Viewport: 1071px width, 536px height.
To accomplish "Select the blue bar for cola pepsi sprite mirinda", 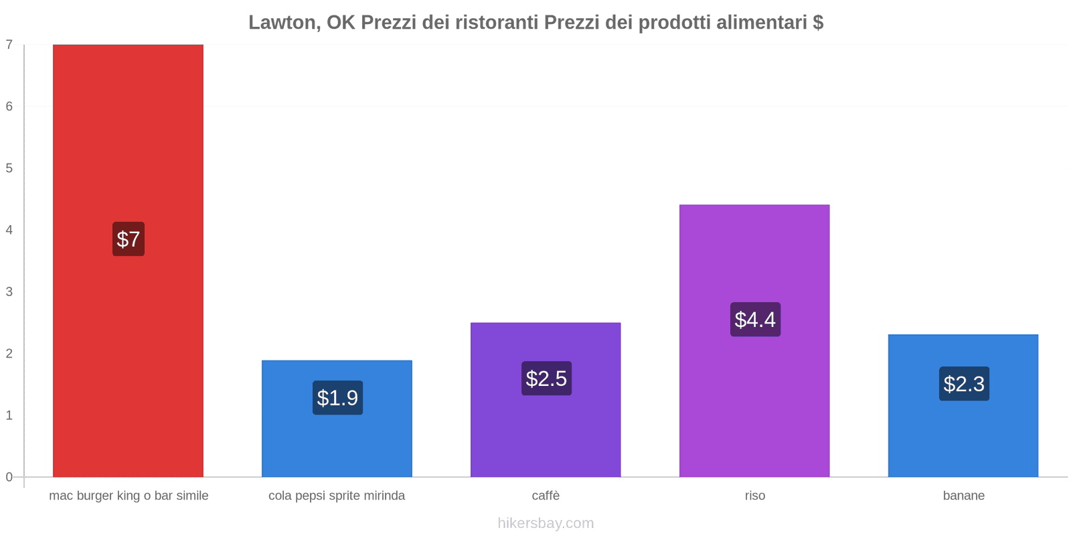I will click(x=337, y=442).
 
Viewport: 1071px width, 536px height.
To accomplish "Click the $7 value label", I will click(x=128, y=239).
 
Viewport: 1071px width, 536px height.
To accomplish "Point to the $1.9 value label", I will click(x=337, y=398).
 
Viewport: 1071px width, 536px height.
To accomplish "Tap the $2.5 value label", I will click(x=546, y=379).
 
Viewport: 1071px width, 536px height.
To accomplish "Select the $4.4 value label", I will click(x=755, y=320).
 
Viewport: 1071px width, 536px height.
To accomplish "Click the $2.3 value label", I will click(x=964, y=384).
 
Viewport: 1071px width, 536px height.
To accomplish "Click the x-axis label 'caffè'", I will click(x=546, y=496).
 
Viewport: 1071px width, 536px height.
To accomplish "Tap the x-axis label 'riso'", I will click(x=754, y=496).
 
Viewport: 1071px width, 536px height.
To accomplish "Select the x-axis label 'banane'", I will click(x=963, y=496).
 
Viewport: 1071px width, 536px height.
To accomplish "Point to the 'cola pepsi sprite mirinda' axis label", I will click(x=337, y=496).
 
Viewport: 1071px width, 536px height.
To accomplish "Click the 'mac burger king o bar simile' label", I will click(x=129, y=496).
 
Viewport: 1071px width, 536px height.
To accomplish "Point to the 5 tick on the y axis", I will click(x=9, y=168).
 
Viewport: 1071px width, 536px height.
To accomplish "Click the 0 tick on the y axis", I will click(x=9, y=477).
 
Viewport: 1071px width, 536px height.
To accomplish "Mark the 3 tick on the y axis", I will click(x=9, y=291).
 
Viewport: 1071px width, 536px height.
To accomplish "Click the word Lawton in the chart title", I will click(x=283, y=23).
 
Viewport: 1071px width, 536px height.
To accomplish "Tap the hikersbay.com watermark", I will click(x=546, y=523).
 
